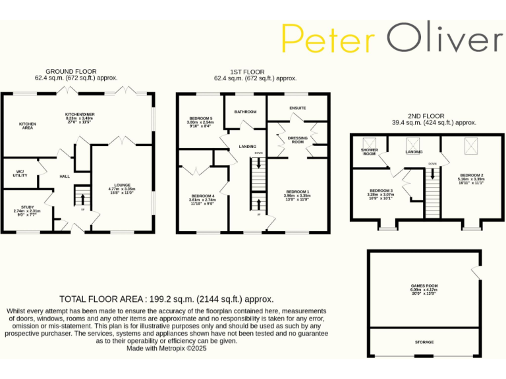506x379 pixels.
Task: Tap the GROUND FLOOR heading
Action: click(70, 71)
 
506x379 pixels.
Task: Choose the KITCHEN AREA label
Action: click(27, 124)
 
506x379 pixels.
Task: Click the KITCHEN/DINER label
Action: click(80, 114)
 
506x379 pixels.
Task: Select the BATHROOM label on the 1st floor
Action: click(245, 112)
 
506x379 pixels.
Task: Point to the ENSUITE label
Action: click(297, 107)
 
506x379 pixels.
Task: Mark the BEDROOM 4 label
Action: click(202, 196)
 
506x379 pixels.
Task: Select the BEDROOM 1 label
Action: click(297, 191)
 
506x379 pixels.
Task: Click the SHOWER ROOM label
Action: click(369, 151)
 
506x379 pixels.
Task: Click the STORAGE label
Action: click(424, 342)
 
